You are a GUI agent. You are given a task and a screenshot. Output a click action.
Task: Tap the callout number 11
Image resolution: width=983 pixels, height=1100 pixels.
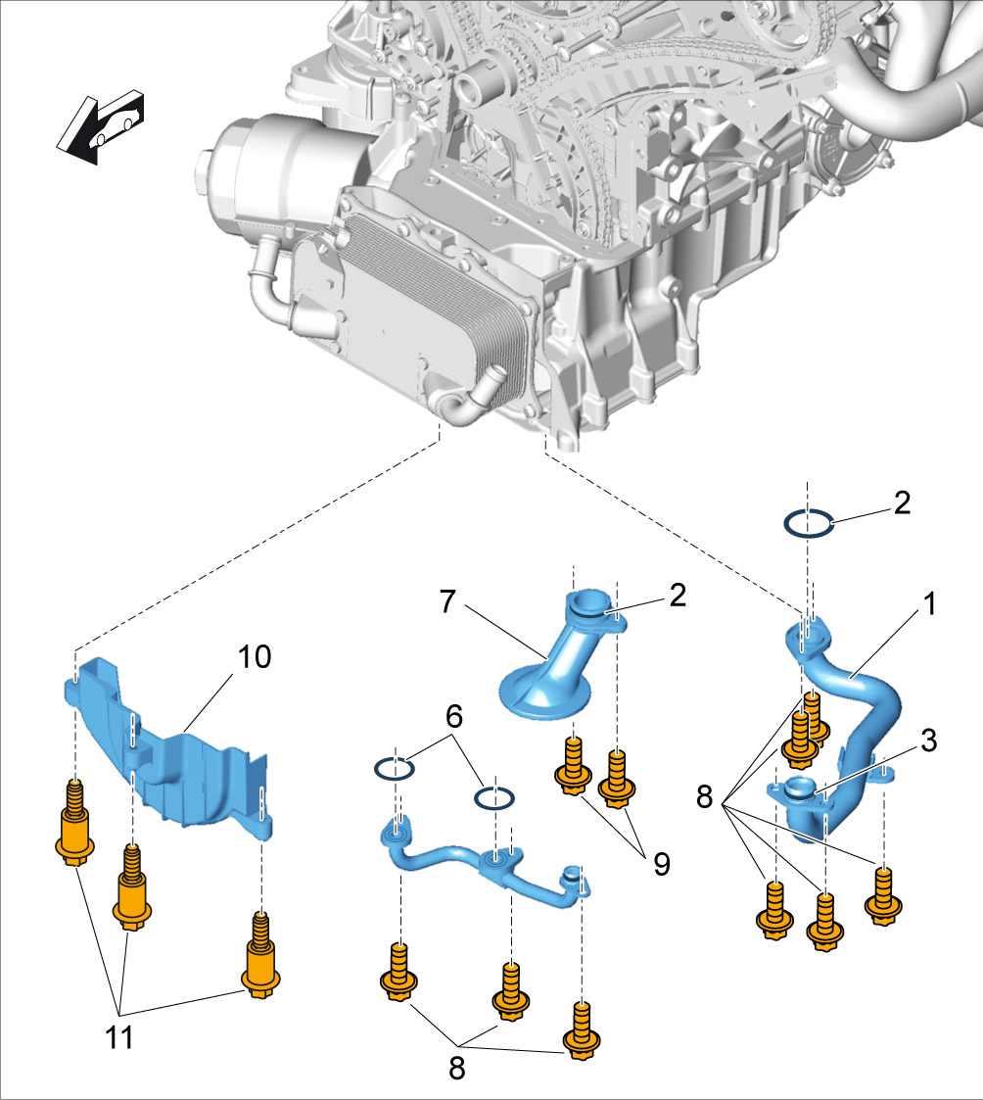click(x=120, y=1036)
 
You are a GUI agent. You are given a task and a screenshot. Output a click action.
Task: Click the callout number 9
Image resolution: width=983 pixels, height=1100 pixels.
click(x=662, y=863)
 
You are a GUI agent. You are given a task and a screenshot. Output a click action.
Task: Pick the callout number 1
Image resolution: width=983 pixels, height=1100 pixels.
click(x=928, y=604)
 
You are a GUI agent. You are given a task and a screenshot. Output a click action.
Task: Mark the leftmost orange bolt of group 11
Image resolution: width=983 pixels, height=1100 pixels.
click(x=73, y=827)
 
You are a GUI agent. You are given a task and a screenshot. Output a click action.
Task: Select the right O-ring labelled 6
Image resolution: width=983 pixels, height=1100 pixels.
click(x=494, y=798)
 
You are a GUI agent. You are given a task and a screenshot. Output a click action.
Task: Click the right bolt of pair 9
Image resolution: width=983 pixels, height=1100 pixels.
click(x=618, y=779)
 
